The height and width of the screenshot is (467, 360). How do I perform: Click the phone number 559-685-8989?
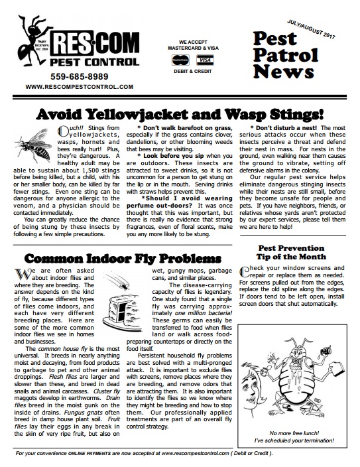(79, 77)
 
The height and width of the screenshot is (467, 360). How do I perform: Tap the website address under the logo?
(79, 87)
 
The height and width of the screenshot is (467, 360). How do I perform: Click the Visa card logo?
(205, 60)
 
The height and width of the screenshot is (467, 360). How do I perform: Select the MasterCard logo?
(180, 60)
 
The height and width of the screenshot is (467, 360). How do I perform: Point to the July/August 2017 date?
(311, 29)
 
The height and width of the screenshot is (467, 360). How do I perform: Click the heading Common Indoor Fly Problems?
(123, 259)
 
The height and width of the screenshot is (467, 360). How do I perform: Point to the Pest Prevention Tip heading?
(291, 252)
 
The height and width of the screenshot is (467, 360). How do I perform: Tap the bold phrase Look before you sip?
(174, 156)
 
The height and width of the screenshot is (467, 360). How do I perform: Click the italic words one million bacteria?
(204, 313)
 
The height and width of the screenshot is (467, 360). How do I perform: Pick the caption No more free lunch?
(294, 433)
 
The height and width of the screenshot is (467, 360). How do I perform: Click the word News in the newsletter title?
(283, 72)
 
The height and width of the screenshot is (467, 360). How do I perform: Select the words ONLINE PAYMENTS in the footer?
(90, 454)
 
